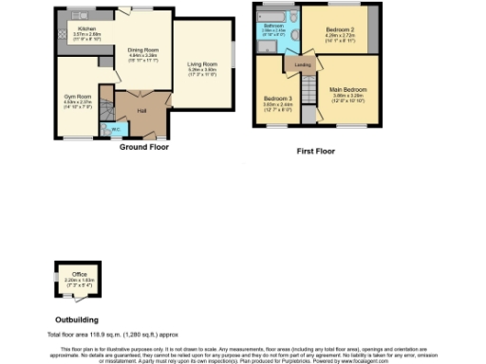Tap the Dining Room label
tap(144, 50)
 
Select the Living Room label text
tap(202, 64)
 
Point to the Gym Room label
tap(78, 96)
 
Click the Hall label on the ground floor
tap(140, 111)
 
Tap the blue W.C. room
tap(114, 129)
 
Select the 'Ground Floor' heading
tap(144, 147)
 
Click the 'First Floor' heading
tap(315, 150)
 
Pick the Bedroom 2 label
tap(339, 30)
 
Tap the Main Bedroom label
tap(347, 92)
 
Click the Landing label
tap(303, 65)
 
